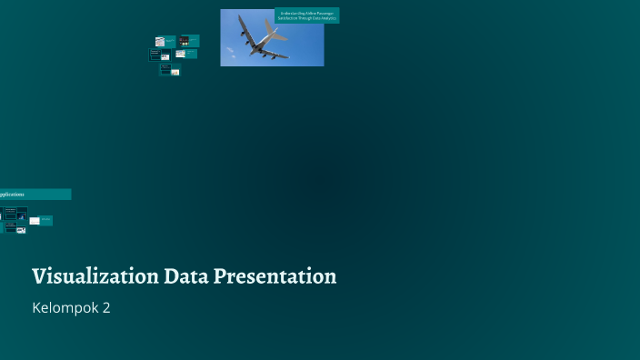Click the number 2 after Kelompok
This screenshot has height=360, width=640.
[x=106, y=308]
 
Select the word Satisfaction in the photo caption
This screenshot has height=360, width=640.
[x=288, y=19]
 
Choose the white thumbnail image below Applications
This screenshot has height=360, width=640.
[x=35, y=221]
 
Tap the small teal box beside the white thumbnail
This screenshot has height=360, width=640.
[x=46, y=220]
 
